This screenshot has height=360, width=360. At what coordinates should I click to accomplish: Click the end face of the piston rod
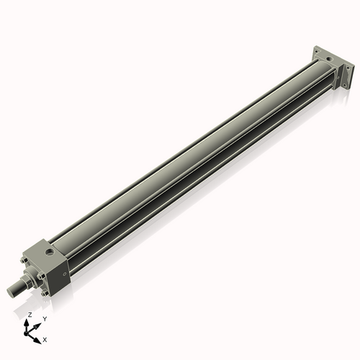coord(11,292)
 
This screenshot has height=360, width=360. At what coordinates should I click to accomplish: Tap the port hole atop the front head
coord(48,252)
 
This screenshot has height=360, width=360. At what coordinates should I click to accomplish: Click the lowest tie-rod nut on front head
coord(44,294)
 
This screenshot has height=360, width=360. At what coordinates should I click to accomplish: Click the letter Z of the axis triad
coord(30,315)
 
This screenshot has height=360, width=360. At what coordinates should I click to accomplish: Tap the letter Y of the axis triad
coord(45,318)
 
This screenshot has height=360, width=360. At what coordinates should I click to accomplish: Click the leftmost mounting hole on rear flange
coord(317,52)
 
